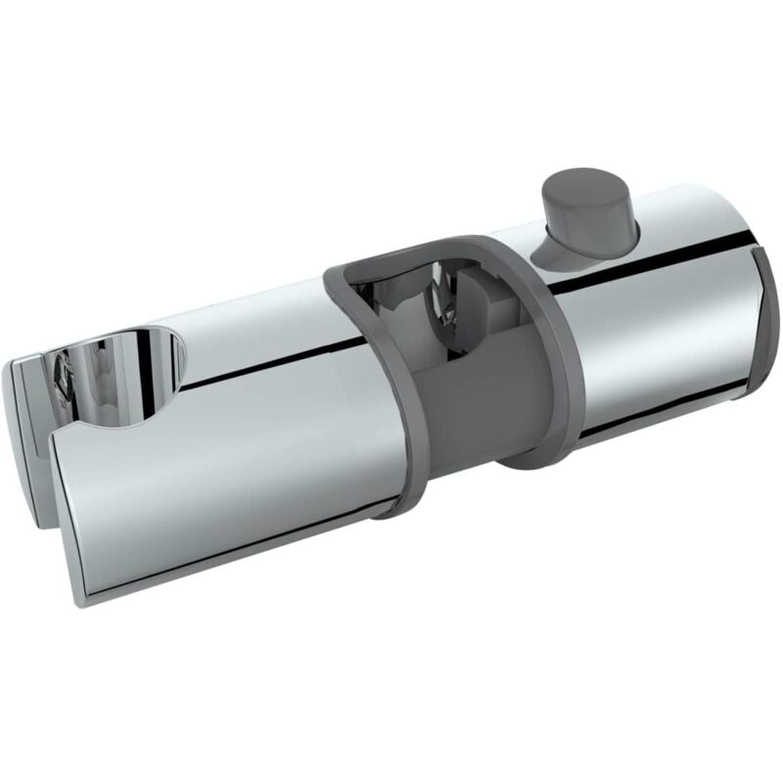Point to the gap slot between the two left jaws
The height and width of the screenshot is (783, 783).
click(44, 470)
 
